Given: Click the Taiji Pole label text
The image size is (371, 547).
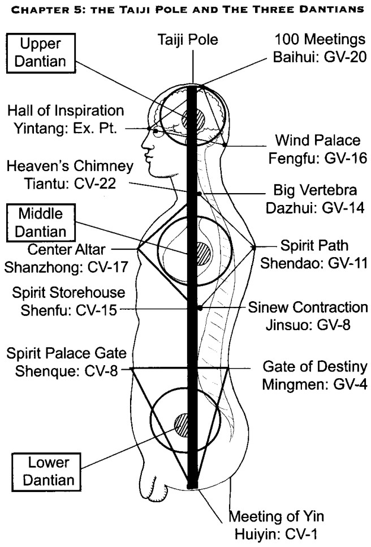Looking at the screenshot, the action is click(x=188, y=40).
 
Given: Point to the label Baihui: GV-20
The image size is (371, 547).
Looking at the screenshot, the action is click(x=320, y=57).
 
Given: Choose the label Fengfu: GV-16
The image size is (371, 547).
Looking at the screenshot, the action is click(x=317, y=159).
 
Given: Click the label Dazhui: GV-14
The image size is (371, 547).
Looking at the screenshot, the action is click(x=315, y=208).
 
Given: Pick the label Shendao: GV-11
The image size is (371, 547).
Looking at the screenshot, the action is click(x=314, y=263).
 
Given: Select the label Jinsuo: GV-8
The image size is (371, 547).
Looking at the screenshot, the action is click(x=308, y=325).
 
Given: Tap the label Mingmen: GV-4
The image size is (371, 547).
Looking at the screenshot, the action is click(x=314, y=385).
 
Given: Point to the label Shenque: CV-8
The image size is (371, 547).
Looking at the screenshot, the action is click(x=66, y=371).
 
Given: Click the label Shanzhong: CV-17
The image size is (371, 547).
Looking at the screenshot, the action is click(x=66, y=267).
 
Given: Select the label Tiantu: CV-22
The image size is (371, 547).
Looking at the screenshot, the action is click(x=70, y=183).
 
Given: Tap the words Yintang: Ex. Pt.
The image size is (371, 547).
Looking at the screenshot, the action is click(x=65, y=129).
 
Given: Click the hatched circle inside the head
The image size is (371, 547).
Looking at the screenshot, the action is click(x=193, y=119).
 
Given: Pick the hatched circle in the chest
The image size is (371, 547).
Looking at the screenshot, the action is click(x=200, y=254).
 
